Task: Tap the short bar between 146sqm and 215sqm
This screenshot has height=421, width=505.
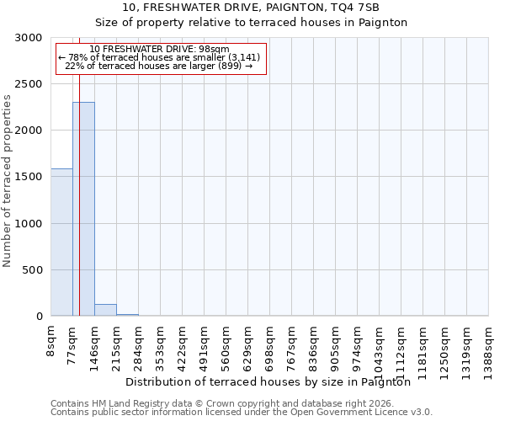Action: click(x=105, y=310)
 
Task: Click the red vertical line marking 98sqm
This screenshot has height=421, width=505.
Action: click(x=79, y=210)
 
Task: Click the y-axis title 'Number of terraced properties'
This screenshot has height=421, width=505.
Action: click(x=8, y=181)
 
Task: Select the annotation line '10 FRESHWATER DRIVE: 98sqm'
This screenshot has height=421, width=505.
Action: click(x=159, y=49)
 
